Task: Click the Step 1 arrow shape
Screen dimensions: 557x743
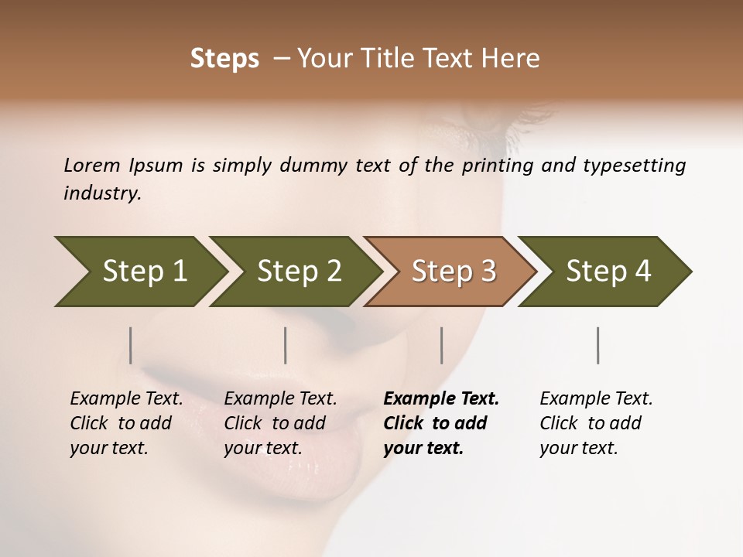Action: pyautogui.click(x=139, y=272)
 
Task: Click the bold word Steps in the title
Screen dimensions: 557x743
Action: pyautogui.click(x=224, y=59)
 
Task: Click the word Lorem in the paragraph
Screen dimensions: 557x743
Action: pyautogui.click(x=92, y=166)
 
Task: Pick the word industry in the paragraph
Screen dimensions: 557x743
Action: pyautogui.click(x=102, y=193)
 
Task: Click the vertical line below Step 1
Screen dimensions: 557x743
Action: pyautogui.click(x=131, y=345)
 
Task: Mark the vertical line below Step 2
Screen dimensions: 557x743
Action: pyautogui.click(x=286, y=345)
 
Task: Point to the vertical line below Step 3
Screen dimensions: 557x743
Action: pyautogui.click(x=441, y=345)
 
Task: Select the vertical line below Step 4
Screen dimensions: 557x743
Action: pyautogui.click(x=597, y=345)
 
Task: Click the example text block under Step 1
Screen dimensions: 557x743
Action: pyautogui.click(x=126, y=423)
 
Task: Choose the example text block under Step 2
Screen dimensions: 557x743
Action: pyautogui.click(x=280, y=423)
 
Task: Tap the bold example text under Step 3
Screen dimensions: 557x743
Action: pyautogui.click(x=440, y=423)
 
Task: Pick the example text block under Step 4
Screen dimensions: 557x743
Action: pyautogui.click(x=596, y=423)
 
